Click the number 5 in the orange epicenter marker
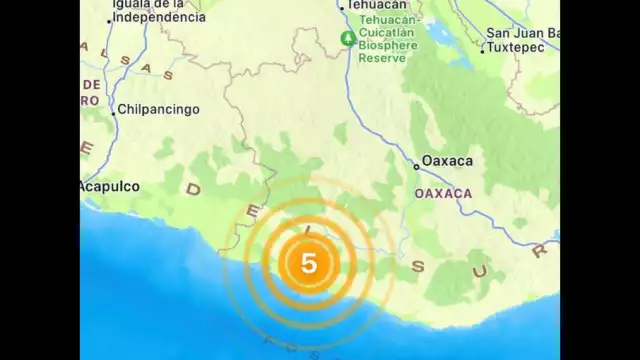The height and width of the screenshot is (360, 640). pos(309,263)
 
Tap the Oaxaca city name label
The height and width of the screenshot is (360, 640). pos(447,160)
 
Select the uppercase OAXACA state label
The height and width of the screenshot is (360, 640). pos(442,192)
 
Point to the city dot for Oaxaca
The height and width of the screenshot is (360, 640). pos(417,166)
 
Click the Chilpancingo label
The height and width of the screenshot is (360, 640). pos(159,109)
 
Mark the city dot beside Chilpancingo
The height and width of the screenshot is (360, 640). pos(114,112)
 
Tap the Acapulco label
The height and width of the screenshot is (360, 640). pos(111,186)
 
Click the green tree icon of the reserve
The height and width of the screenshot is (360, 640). pos(347,38)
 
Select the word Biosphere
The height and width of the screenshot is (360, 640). pos(388,44)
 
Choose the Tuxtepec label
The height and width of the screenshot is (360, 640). pos(514,47)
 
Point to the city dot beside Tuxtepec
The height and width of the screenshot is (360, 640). pos(482,50)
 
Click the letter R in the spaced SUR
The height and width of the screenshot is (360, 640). pos(541,252)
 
